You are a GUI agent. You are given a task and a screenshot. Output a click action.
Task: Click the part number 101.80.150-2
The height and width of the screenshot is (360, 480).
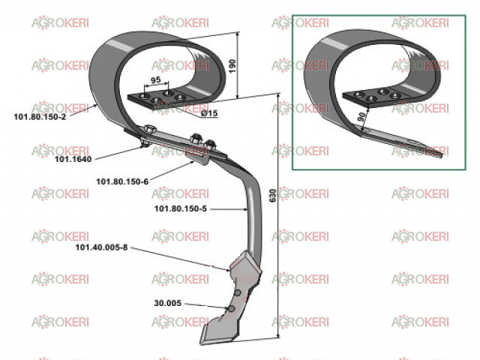pyautogui.click(x=40, y=117)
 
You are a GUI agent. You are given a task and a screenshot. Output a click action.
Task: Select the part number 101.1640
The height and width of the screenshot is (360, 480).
pyautogui.click(x=73, y=159)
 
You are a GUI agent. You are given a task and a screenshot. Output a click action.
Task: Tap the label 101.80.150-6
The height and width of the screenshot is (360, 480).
pyautogui.click(x=122, y=181)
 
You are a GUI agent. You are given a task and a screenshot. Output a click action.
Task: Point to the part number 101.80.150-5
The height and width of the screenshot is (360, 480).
pyautogui.click(x=180, y=208)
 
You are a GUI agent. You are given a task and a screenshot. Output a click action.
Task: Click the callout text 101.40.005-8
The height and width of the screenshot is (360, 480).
pyautogui.click(x=101, y=247)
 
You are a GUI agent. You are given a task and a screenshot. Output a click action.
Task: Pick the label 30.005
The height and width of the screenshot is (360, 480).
pyautogui.click(x=168, y=303)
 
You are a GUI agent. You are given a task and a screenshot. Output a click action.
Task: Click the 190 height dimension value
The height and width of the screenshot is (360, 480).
pyautogui.click(x=232, y=66)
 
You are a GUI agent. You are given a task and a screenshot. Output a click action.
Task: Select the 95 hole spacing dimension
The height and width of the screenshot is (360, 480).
pyautogui.click(x=156, y=80)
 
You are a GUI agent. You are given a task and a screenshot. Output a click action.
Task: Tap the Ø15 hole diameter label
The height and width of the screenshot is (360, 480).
pyautogui.click(x=209, y=113)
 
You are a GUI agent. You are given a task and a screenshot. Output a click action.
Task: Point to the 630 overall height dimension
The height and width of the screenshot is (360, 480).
pyautogui.click(x=272, y=195)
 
